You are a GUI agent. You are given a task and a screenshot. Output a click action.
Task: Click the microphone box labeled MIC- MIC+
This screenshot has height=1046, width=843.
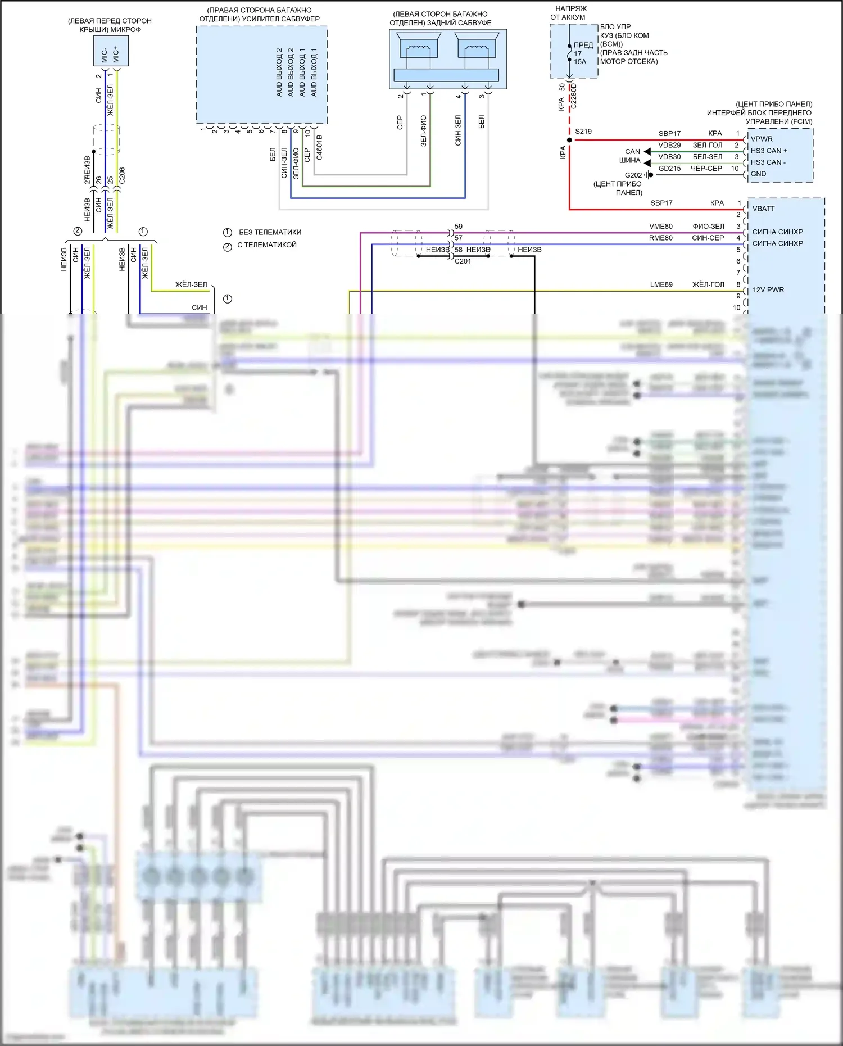click(x=111, y=51)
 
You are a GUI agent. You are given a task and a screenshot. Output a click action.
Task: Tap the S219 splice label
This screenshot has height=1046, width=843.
click(x=583, y=132)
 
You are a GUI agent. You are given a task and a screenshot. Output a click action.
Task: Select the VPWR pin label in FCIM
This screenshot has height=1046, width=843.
click(x=762, y=139)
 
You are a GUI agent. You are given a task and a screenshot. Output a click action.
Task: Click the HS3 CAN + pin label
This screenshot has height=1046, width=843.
click(x=769, y=151)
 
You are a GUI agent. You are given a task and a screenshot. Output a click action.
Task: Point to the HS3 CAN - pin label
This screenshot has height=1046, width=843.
click(x=768, y=162)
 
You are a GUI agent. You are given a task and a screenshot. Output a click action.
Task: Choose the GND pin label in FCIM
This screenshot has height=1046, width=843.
click(x=758, y=174)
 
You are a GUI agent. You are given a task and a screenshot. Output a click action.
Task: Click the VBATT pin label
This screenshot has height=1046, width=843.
click(x=763, y=209)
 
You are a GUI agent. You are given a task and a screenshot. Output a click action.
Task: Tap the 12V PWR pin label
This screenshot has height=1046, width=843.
click(x=768, y=290)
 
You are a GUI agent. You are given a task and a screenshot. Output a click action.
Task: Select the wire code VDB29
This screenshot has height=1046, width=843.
click(x=669, y=145)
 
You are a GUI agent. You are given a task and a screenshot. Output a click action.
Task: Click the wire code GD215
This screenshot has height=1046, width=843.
click(x=669, y=168)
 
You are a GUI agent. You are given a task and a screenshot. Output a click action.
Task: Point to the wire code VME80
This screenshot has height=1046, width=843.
click(x=661, y=227)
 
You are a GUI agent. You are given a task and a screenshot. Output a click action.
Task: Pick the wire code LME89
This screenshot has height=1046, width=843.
click(x=661, y=284)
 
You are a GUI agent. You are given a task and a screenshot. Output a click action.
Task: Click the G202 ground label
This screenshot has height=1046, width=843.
click(x=633, y=175)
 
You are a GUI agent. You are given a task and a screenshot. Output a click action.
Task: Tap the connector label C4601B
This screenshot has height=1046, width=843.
click(x=319, y=147)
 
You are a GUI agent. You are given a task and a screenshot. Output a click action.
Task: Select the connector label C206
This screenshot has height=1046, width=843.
click(x=122, y=175)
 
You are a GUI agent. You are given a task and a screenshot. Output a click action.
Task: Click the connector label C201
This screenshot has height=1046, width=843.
click(x=463, y=261)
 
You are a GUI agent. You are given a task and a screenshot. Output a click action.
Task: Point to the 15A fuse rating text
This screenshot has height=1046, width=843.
click(x=580, y=62)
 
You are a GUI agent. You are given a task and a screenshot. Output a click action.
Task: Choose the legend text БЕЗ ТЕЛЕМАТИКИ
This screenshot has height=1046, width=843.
click(x=270, y=232)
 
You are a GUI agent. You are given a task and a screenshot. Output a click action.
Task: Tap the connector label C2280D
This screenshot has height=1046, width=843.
click(x=574, y=96)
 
